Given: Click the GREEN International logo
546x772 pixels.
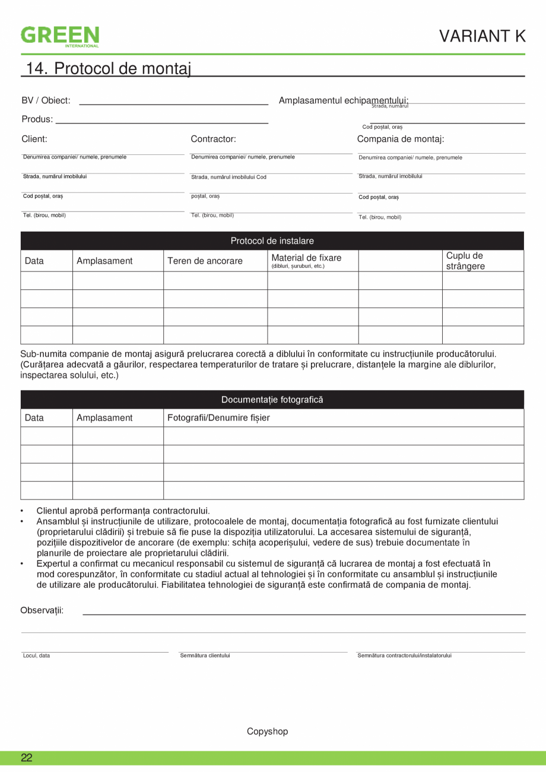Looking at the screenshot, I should point(60,36).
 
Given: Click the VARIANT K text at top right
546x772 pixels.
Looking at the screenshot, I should point(482,36).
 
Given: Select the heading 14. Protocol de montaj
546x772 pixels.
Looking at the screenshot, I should point(109,68).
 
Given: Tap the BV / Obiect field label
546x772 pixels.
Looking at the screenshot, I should point(46,100).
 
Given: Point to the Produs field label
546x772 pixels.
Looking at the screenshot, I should point(37,119).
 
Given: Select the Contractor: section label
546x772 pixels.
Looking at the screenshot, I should point(213,140).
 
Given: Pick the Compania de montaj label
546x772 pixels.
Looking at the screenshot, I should point(400,140).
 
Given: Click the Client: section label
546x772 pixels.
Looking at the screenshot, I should point(34,140).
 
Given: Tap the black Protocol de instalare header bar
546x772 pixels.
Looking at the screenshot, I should point(272,241).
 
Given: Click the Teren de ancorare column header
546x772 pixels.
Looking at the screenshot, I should point(205,261).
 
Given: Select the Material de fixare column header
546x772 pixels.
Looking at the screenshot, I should point(306,258).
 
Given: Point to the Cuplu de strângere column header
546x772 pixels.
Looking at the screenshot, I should point(465,261).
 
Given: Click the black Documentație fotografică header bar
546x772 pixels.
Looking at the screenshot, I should point(272,400).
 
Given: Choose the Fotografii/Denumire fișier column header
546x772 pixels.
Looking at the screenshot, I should point(218,417).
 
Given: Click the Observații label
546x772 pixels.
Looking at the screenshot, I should point(42,610).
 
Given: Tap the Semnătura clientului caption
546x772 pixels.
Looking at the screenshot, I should point(205,656).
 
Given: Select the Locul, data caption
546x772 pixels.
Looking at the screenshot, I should point(36,656).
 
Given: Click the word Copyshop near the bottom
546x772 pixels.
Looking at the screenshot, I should point(267,732).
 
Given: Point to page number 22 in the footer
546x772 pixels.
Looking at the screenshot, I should point(27,758).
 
